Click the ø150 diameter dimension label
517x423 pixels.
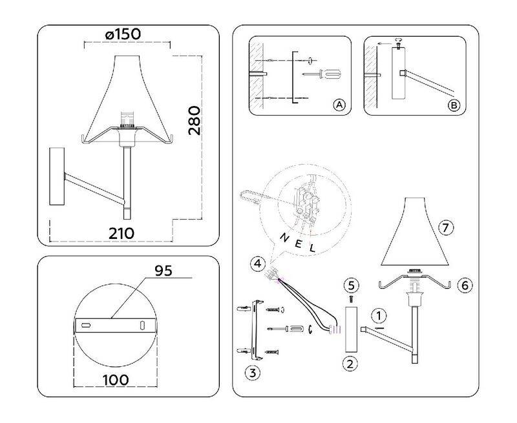coord(123,34)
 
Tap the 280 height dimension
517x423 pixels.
coord(195,121)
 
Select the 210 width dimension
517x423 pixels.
coord(121,234)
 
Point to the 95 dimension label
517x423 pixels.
coord(164,271)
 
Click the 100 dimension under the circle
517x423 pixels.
coord(116,380)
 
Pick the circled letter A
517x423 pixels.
coord(339,105)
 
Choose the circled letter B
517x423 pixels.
coord(454,105)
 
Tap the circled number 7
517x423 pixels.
coord(446,227)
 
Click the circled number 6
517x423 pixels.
coord(465,285)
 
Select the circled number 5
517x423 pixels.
coord(351,285)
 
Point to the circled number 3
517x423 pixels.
coord(253,373)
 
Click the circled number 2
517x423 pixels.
coord(350,364)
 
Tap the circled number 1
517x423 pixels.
coord(379,316)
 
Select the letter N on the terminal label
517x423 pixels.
coord(284,237)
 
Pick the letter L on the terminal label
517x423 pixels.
coord(312,247)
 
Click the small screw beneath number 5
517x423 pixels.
coord(351,299)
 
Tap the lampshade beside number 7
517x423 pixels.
coord(415,232)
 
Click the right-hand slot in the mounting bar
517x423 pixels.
coord(142,325)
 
